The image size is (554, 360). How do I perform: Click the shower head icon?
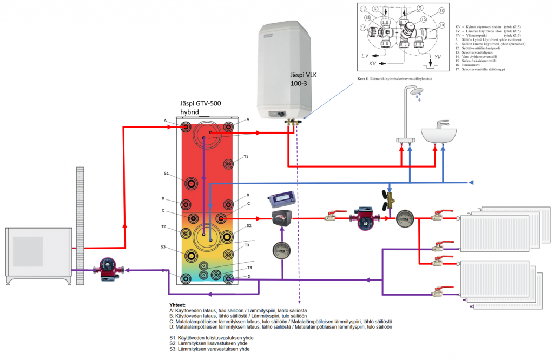tap(416, 93)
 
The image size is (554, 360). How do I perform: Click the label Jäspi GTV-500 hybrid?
tap(201, 108)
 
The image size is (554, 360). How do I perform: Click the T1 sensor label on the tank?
tap(246, 157)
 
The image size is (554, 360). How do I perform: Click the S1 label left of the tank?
tap(167, 174)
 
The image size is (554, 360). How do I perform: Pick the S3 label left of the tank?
tap(163, 246)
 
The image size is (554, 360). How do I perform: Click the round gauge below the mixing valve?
tap(282, 249)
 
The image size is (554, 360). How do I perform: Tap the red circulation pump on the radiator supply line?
tap(364, 218)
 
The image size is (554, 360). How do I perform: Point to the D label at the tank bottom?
tap(248, 276)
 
